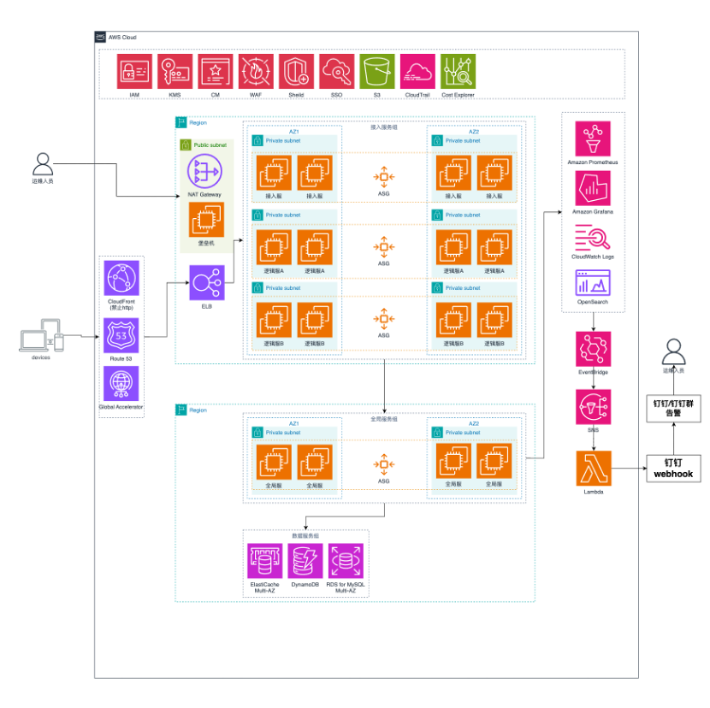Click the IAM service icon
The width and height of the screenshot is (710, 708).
click(x=134, y=72)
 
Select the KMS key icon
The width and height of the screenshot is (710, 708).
click(x=175, y=72)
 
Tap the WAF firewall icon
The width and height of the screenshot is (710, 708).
click(x=256, y=72)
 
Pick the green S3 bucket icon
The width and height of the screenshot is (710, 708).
click(x=377, y=72)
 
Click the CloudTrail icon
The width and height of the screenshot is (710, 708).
click(x=417, y=72)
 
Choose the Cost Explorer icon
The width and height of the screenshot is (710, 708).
click(x=458, y=72)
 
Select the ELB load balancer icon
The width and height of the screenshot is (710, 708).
click(x=205, y=283)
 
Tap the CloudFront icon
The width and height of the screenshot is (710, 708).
click(x=121, y=279)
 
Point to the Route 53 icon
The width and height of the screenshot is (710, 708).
click(x=121, y=334)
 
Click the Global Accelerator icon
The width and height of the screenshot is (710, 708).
click(x=121, y=384)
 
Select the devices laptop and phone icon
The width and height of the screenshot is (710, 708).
click(x=41, y=336)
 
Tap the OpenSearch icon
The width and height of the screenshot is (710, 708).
click(x=592, y=281)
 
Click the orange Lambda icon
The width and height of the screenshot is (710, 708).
click(x=592, y=469)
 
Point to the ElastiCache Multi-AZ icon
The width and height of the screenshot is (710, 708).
click(x=264, y=561)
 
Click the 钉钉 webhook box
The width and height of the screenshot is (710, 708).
click(x=672, y=468)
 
